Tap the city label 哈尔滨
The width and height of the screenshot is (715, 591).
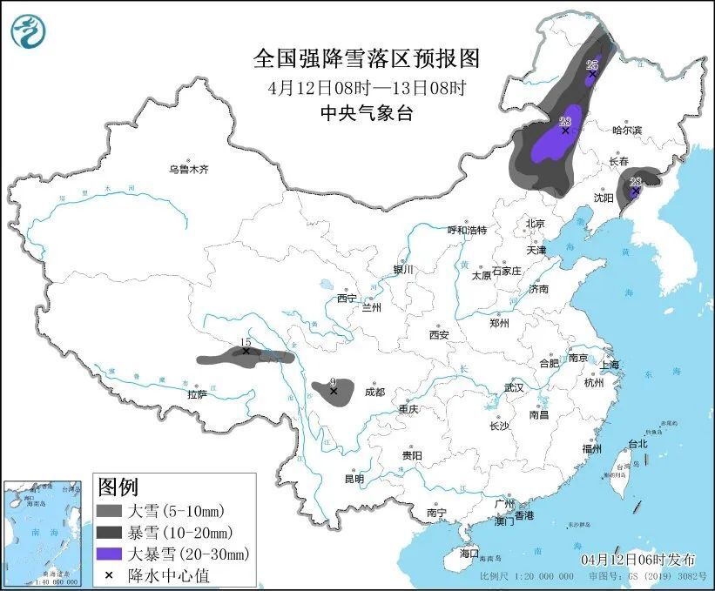click(x=625, y=131)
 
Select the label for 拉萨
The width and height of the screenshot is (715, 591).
click(x=197, y=394)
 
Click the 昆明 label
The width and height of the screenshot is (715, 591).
click(x=354, y=479)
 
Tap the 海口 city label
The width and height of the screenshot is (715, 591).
click(x=469, y=553)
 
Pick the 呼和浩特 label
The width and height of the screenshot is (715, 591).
click(x=467, y=230)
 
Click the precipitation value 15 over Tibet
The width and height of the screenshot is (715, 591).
click(x=246, y=343)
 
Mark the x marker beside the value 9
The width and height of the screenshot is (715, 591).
click(x=334, y=392)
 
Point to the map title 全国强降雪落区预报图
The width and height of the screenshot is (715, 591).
click(x=366, y=58)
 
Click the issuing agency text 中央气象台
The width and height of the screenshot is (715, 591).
click(x=366, y=112)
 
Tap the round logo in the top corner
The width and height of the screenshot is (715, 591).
click(x=29, y=32)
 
